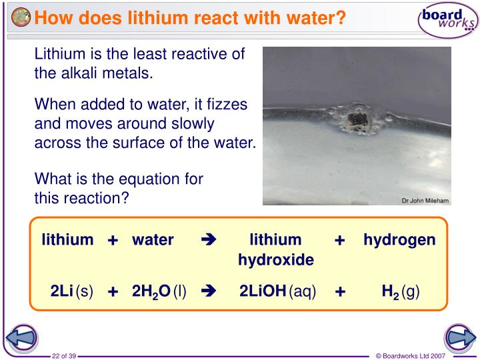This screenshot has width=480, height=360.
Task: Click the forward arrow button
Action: pos(458,339)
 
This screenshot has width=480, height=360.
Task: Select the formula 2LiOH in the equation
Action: pos(263,291)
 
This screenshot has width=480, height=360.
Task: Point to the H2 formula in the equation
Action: pos(390,291)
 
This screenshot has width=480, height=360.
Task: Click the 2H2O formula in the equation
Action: pos(151,291)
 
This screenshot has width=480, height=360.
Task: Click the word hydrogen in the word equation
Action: pos(399,239)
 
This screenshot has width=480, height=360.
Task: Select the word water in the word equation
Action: pos(153,239)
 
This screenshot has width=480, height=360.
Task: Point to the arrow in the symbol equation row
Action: pos(208,291)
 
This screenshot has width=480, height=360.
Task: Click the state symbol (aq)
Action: pos(303,291)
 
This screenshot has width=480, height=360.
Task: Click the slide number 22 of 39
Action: pos(65,355)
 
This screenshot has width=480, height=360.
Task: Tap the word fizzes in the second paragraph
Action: pos(225,105)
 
